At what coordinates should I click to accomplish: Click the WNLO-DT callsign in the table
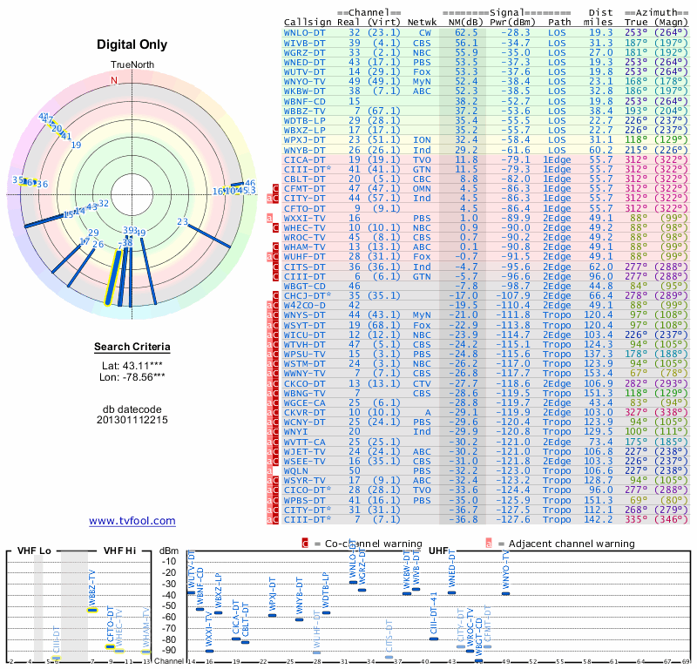(x=305, y=31)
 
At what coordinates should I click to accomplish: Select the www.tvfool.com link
(x=132, y=521)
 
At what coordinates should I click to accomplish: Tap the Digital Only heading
(x=132, y=45)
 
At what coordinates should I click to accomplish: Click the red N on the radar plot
(x=113, y=80)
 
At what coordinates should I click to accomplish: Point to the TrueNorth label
(x=132, y=65)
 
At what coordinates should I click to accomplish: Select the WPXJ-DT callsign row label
(x=305, y=139)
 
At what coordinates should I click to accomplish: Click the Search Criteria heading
(x=132, y=348)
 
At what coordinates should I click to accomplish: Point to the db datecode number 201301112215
(x=132, y=420)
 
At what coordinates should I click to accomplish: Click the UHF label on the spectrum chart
(x=439, y=551)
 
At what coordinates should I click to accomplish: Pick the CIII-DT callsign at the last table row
(x=305, y=519)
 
